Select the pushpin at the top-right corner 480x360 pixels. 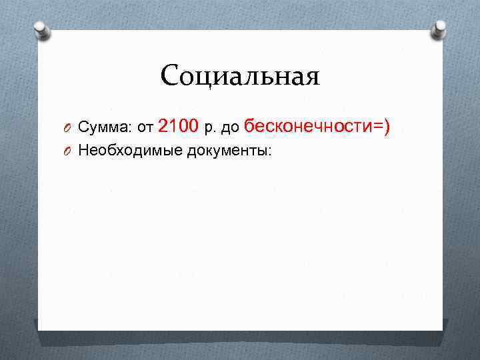point(440,28)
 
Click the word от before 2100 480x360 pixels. point(145,127)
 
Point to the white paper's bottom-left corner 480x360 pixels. point(39,329)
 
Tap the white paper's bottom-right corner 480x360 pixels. point(441,327)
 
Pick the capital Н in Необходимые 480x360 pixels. point(83,151)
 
